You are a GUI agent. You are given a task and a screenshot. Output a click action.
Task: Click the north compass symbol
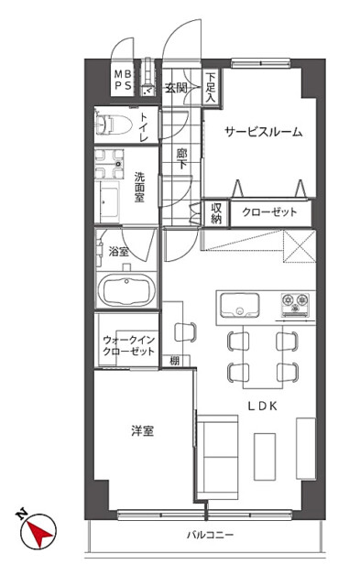(38, 530)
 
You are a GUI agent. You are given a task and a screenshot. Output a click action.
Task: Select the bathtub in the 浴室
(129, 290)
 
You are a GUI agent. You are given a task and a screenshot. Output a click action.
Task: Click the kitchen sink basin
(240, 305)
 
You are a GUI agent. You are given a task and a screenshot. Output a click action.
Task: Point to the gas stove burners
(295, 303)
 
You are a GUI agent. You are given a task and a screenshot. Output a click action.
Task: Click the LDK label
(262, 407)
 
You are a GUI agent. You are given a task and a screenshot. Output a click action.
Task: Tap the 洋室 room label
(142, 431)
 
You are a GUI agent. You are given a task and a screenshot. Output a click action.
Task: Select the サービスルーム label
(264, 132)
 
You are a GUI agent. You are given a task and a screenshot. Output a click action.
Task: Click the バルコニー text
(210, 535)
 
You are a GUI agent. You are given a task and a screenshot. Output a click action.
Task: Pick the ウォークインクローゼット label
(128, 346)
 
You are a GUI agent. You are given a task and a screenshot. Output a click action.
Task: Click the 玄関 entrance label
(176, 88)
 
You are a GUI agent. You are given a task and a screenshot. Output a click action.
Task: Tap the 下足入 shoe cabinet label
(211, 88)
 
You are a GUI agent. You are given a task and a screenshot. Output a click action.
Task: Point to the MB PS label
(123, 80)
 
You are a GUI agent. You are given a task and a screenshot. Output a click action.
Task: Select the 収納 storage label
(216, 212)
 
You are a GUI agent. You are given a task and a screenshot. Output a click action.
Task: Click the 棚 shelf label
(175, 361)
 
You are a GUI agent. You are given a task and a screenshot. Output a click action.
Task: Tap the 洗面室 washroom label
(139, 187)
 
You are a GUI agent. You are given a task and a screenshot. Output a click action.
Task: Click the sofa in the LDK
(218, 457)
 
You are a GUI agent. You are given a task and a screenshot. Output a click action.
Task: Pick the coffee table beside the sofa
(265, 456)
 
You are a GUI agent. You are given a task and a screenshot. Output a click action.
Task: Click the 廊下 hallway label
(181, 158)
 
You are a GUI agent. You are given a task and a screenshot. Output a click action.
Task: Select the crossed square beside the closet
(300, 246)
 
